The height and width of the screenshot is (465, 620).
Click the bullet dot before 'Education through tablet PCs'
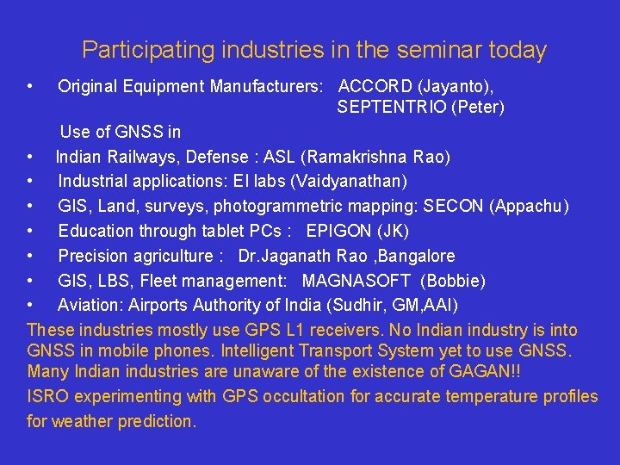[x=30, y=232]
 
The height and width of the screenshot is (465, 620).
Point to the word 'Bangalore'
[x=417, y=257]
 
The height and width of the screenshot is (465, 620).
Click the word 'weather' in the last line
[x=83, y=422]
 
